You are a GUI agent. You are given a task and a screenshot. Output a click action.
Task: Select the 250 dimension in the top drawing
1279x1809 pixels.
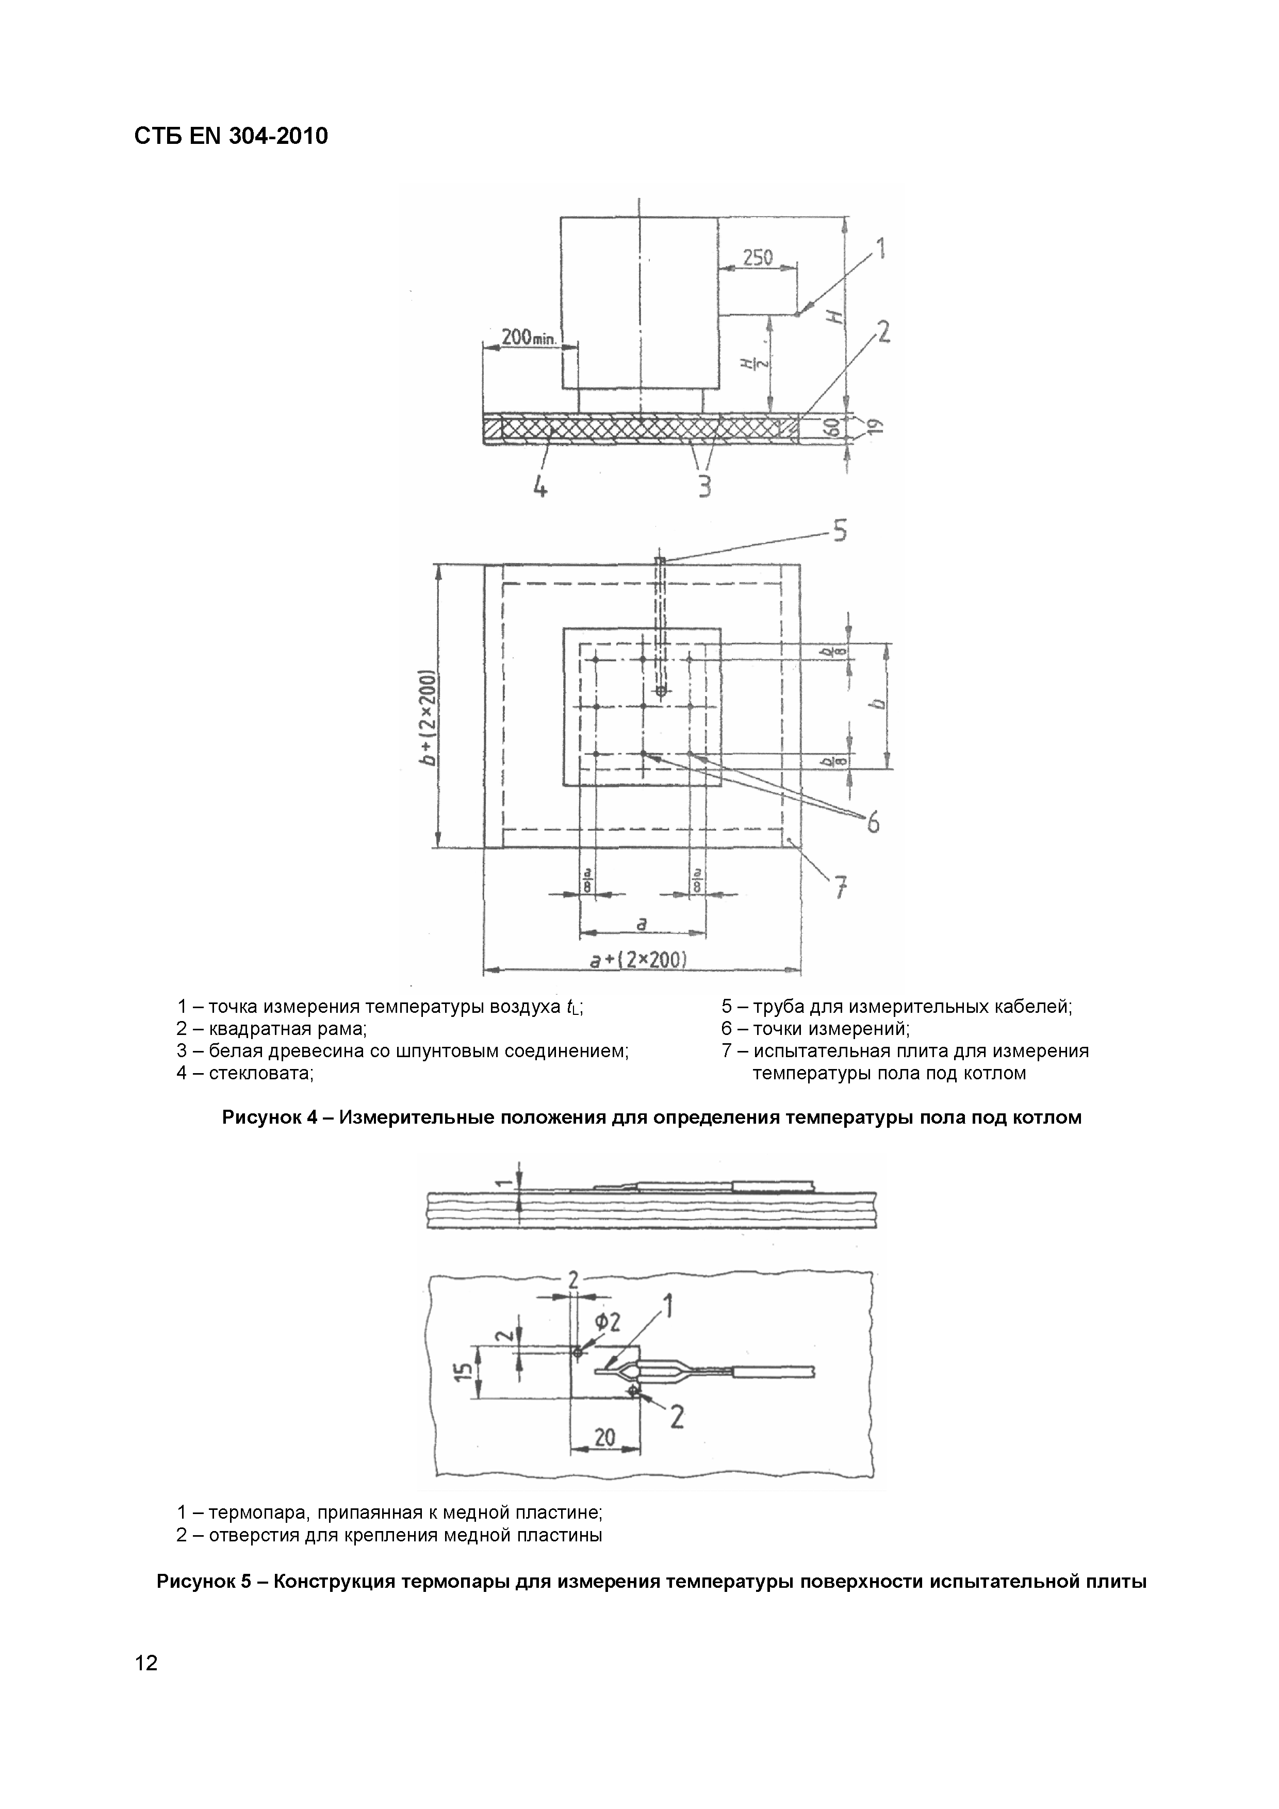757,258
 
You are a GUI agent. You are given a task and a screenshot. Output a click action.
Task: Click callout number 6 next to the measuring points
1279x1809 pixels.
873,824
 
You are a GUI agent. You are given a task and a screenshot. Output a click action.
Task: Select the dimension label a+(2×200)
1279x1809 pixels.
639,960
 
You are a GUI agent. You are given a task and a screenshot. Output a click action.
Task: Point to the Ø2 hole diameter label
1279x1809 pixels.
609,1323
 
